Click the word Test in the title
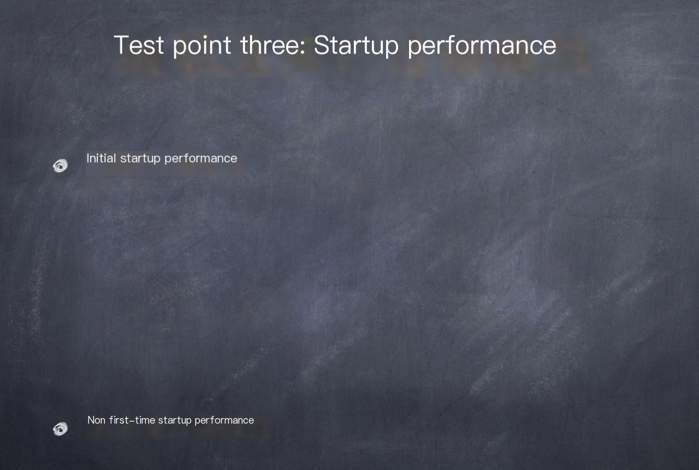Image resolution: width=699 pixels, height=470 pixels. point(139,45)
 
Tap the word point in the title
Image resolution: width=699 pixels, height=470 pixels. point(202,46)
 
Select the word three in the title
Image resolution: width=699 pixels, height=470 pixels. point(273,45)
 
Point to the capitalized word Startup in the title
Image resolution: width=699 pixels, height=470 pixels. point(356,46)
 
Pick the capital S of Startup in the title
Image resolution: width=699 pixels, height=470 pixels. point(322,45)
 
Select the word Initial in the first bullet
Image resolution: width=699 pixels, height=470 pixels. point(101,158)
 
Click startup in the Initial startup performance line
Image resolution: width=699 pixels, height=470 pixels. point(140,159)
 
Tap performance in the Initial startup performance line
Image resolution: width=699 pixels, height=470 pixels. point(200,159)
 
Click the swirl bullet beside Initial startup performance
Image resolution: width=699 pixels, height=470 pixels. point(60,165)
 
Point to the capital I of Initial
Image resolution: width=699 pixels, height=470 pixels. point(88,158)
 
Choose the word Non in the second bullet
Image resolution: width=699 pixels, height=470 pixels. point(96,420)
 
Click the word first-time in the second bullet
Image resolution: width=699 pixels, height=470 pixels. point(132,420)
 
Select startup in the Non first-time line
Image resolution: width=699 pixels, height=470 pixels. point(175,421)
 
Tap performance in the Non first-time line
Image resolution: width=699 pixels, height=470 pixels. point(224,421)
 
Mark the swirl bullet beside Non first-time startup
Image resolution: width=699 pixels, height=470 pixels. point(60,429)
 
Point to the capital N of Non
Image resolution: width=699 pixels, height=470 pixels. point(91,420)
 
